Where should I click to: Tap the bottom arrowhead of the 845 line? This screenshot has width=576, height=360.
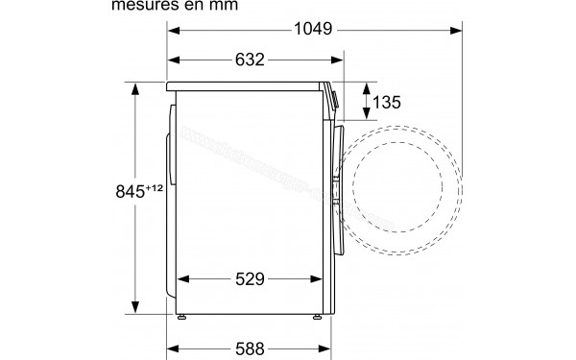pyautogui.click(x=135, y=314)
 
